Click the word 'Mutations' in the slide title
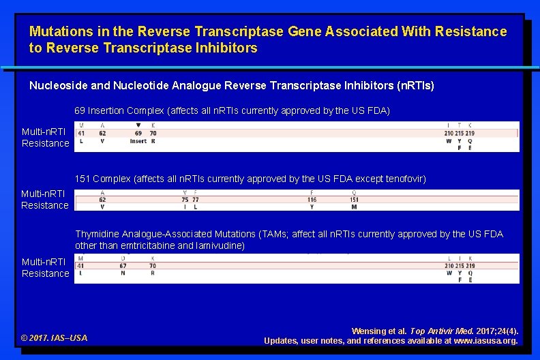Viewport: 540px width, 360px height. [x=57, y=31]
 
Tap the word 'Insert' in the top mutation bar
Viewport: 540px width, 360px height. [x=138, y=142]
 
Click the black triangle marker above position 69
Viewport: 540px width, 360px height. [x=138, y=125]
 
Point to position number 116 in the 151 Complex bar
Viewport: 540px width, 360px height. [x=312, y=200]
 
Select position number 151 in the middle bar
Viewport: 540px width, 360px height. [x=355, y=200]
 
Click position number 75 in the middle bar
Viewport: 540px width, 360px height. [x=185, y=200]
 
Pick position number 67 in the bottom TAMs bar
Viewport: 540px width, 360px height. [x=123, y=266]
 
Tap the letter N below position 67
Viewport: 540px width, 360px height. [x=123, y=273]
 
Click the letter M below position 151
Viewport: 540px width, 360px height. [x=355, y=207]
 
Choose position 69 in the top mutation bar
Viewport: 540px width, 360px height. [x=138, y=134]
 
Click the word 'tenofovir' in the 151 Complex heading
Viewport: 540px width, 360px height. [x=406, y=179]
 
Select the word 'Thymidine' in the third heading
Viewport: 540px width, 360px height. [x=97, y=234]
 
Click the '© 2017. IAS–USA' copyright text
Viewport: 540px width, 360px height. [x=54, y=337]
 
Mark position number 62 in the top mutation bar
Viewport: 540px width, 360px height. [x=102, y=134]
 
